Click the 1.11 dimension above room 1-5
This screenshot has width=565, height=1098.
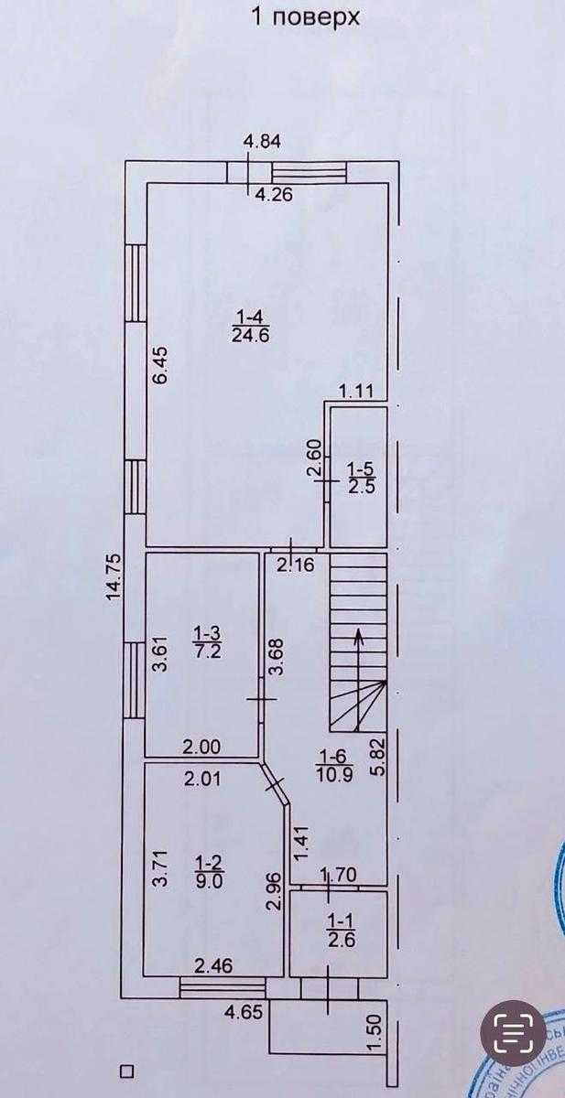356,393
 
